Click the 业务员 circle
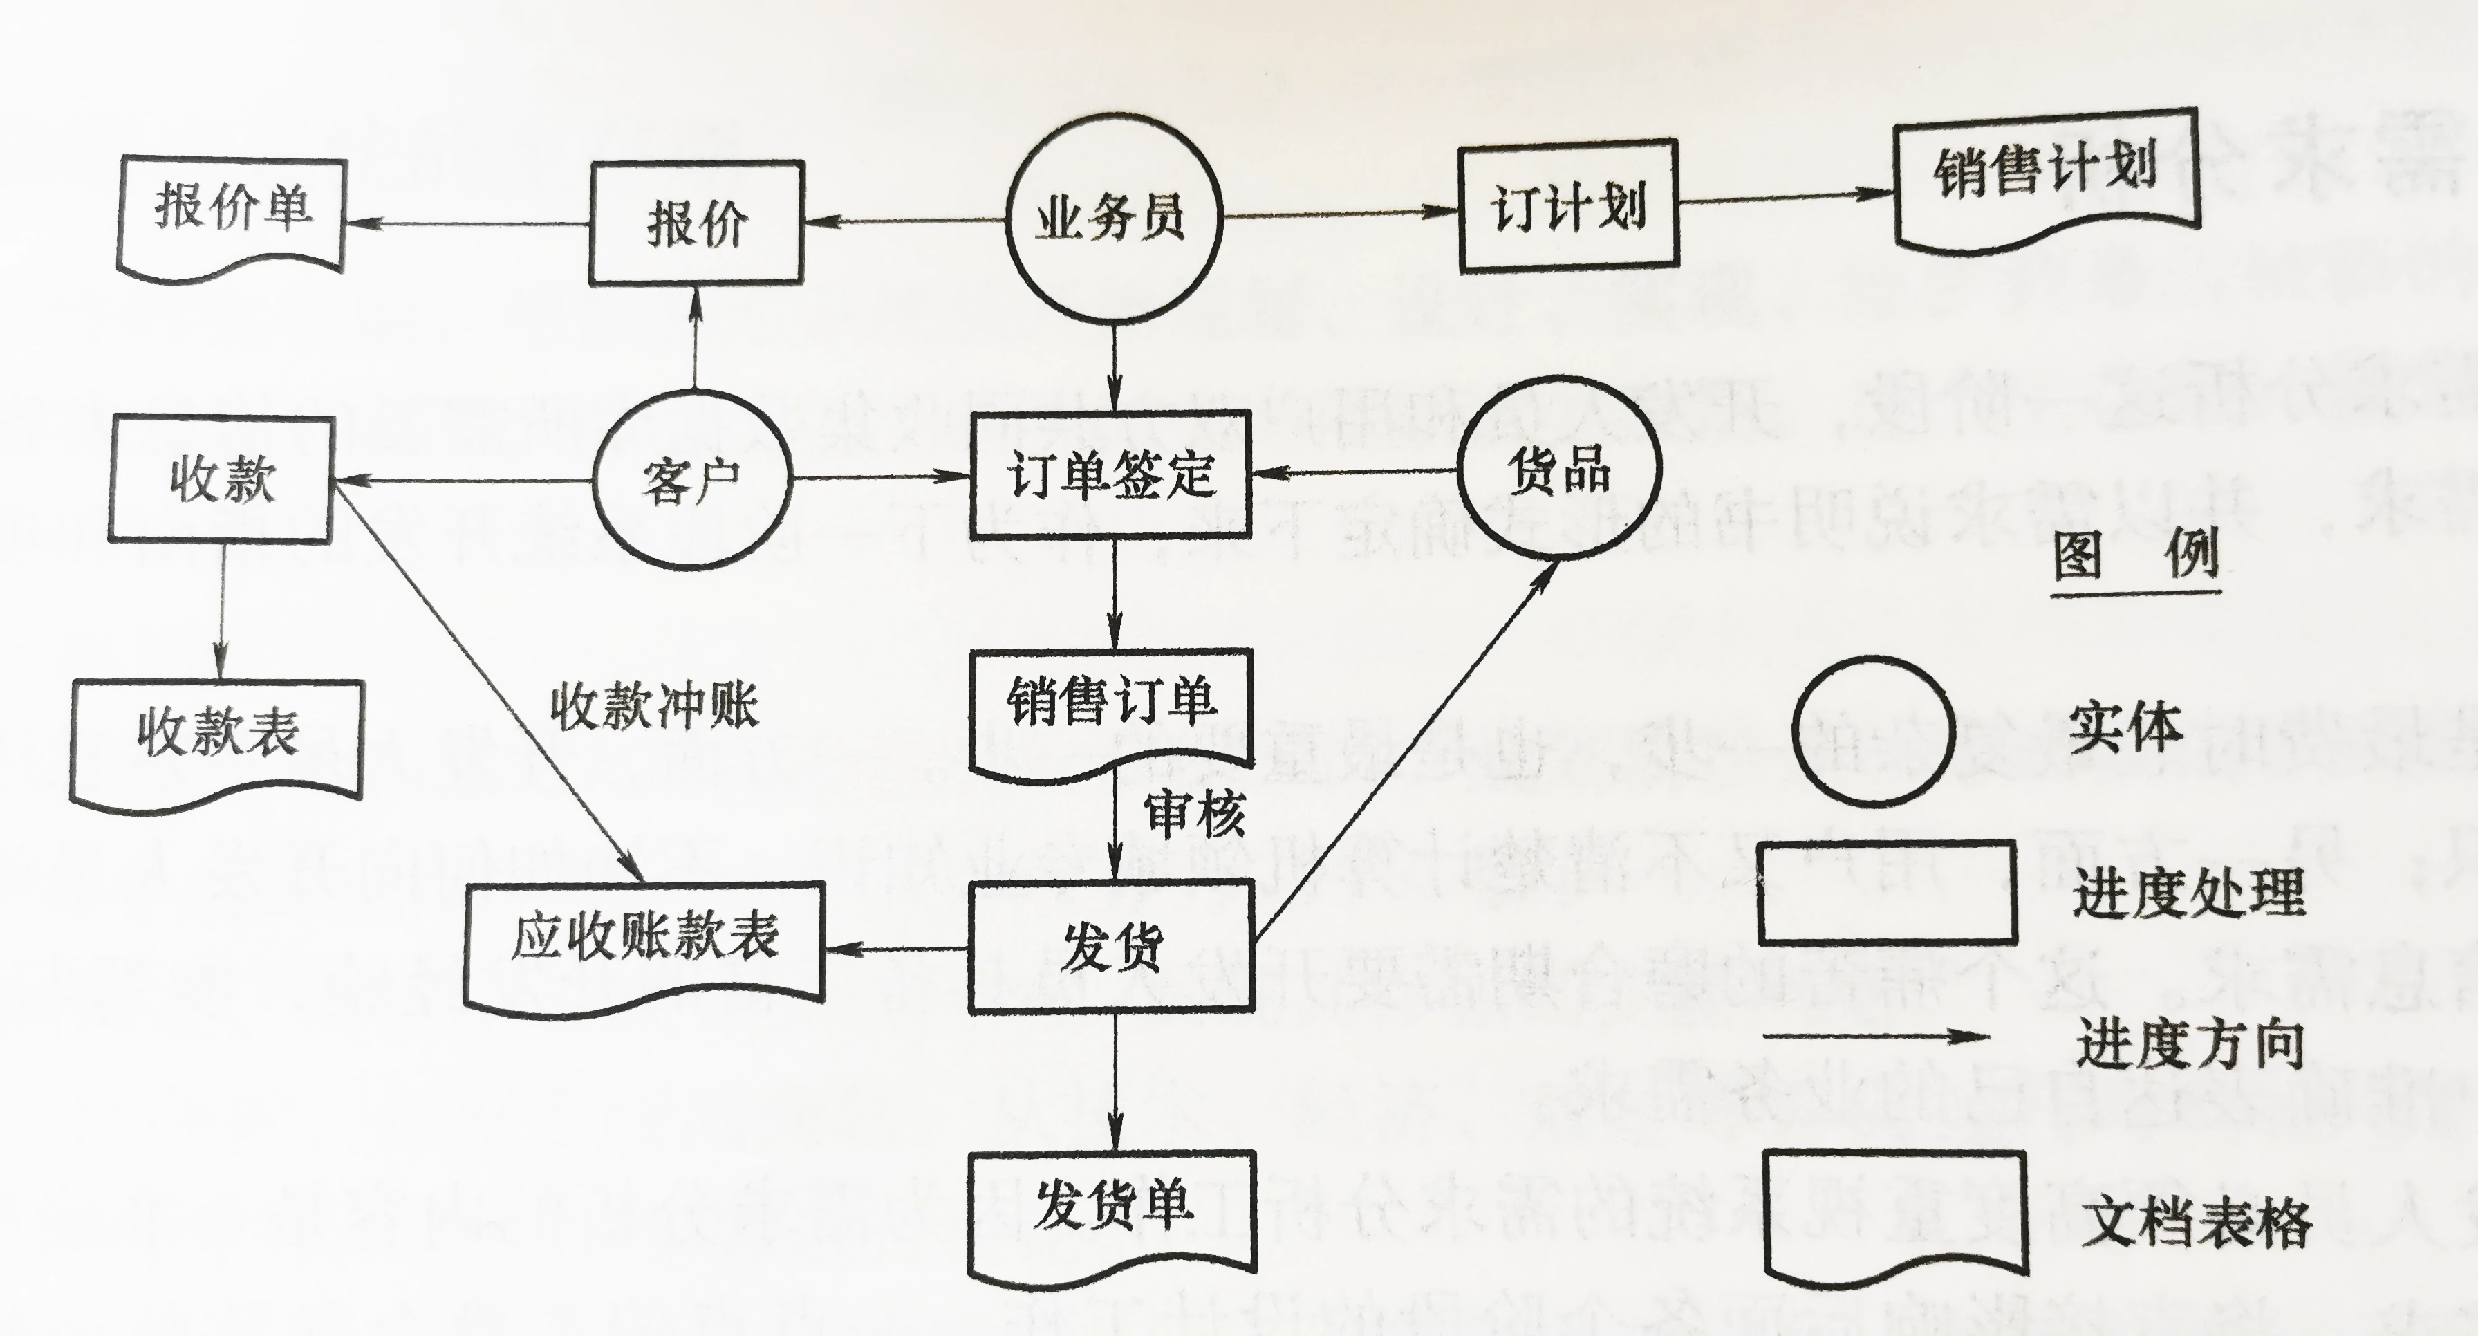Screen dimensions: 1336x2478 [1113, 217]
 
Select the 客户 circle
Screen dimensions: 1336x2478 [691, 479]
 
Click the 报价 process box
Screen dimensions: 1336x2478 [696, 223]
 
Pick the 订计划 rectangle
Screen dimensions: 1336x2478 [1568, 206]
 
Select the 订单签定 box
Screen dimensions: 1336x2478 [1111, 474]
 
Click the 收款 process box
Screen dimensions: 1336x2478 [221, 479]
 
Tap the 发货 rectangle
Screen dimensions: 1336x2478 [1112, 947]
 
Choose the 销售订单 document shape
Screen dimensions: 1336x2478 [1111, 707]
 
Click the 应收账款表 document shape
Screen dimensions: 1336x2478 [644, 943]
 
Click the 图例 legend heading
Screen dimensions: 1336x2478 [2136, 555]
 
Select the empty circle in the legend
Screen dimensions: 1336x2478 [1874, 731]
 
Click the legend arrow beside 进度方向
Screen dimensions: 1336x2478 [1876, 1037]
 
